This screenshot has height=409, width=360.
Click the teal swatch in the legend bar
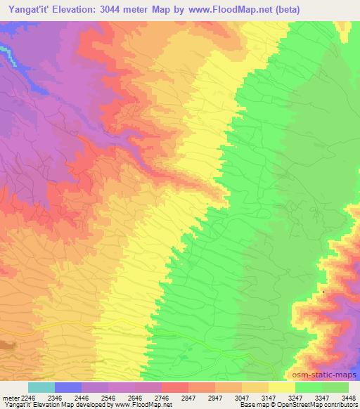[41, 387]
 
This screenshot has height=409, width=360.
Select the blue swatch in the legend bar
[68, 387]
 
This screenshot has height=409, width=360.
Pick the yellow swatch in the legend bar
[281, 387]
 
